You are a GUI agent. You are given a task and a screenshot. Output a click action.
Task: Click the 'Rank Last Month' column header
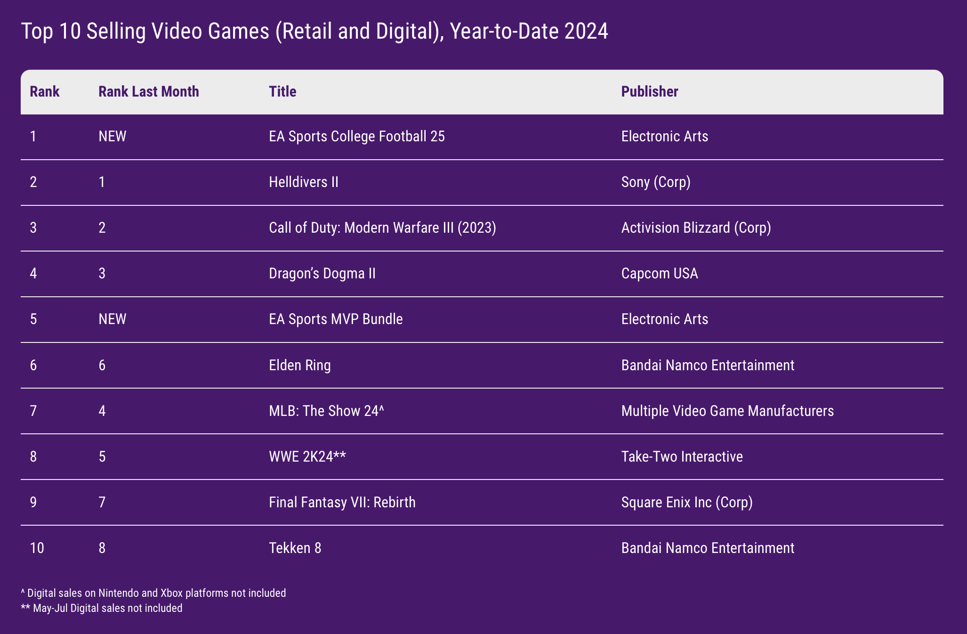point(148,91)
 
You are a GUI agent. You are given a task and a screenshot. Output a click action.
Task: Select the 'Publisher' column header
point(649,91)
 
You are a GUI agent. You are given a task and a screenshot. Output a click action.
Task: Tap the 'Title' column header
point(282,91)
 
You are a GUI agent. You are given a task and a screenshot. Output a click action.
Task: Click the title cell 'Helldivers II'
point(303,182)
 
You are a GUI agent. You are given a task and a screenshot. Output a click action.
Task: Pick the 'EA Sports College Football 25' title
point(356,137)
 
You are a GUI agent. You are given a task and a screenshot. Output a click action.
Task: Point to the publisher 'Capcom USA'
point(659,274)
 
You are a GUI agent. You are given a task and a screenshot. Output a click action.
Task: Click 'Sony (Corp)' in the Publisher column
point(655,182)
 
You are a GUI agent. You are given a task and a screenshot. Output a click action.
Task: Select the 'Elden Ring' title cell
point(299,365)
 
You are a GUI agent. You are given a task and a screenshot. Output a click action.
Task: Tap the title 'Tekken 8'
point(295,548)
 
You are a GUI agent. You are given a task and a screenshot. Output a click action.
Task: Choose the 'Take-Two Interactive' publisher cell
point(682,456)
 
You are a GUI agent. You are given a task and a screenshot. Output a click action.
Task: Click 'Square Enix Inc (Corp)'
point(686,502)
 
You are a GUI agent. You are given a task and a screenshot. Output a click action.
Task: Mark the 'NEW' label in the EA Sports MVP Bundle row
point(112,319)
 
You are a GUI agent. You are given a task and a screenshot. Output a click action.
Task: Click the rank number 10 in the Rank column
point(37,548)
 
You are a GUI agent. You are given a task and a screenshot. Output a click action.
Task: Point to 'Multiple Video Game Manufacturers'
point(727,411)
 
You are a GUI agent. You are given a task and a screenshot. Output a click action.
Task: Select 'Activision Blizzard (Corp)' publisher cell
point(696,228)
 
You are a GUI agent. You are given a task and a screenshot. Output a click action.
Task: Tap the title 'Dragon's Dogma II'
point(322,274)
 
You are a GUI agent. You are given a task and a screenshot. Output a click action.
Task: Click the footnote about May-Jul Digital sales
point(102,608)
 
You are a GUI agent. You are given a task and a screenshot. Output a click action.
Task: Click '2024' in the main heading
point(586,32)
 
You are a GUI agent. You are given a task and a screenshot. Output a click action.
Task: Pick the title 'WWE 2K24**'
point(307,456)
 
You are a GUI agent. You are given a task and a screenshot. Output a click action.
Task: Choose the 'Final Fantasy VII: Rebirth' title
point(342,502)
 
